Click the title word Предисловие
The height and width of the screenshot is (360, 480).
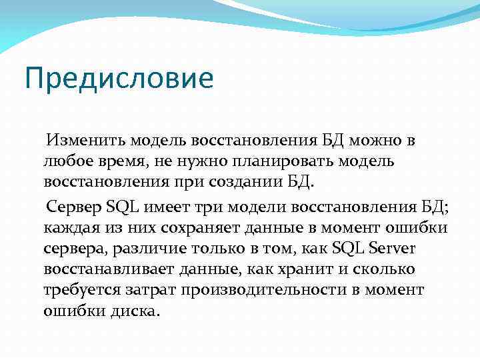119,78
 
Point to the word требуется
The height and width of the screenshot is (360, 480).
82,291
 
